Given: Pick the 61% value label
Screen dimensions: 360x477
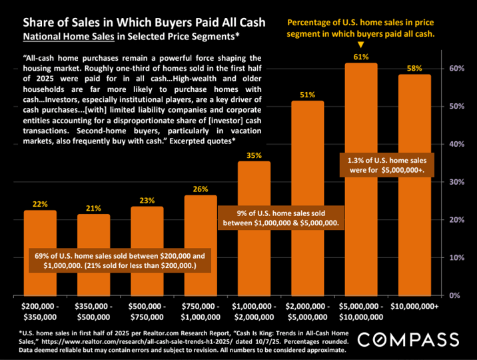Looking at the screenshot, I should click(x=361, y=57).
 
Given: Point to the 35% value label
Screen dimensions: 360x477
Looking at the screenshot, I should click(x=254, y=155).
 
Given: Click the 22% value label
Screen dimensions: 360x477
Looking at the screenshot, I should click(x=40, y=204).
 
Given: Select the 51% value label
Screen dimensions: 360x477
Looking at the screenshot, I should click(x=308, y=95).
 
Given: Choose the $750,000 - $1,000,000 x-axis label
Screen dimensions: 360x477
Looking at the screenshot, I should click(x=201, y=311).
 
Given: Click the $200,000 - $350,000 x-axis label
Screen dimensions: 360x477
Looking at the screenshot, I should click(x=40, y=311).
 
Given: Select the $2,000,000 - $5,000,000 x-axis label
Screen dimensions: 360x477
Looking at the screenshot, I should click(x=308, y=311).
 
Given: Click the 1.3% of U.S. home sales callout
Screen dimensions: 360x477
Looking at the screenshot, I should click(x=387, y=165).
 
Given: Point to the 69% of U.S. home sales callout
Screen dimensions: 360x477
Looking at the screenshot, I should click(x=119, y=260).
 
